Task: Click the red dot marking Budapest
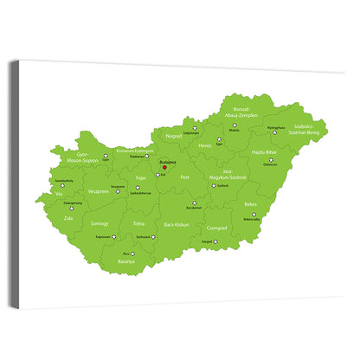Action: tap(164, 168)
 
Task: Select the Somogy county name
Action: tap(100, 223)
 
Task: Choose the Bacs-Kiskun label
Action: tap(177, 224)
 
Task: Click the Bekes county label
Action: tap(251, 204)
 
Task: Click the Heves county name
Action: tap(205, 146)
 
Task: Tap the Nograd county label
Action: tap(173, 137)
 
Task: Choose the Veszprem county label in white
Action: tap(98, 191)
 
